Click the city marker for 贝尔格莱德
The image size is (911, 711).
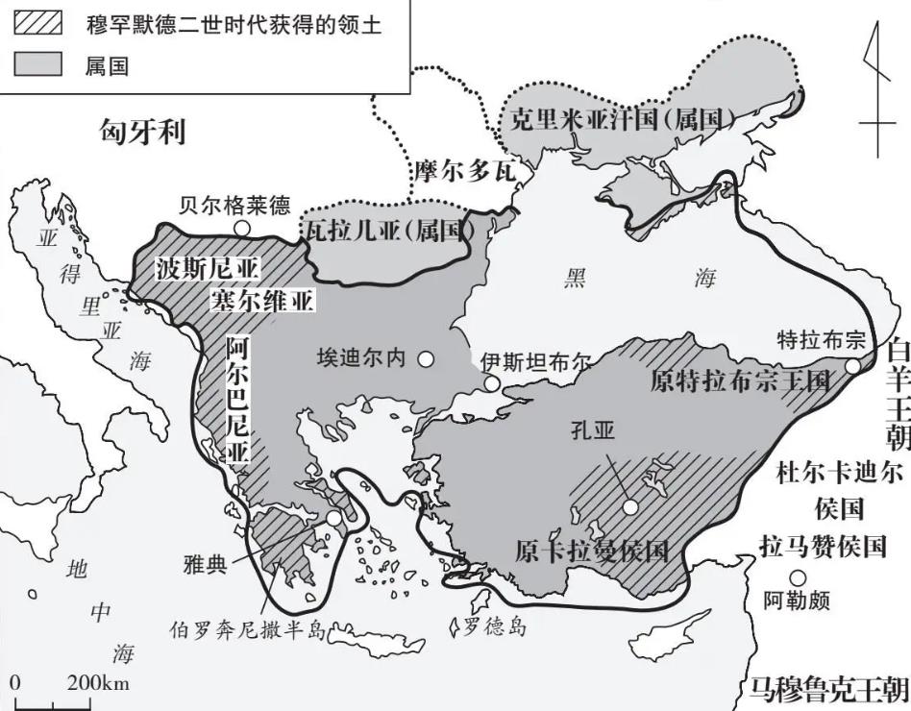242,229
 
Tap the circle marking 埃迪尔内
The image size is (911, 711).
425,359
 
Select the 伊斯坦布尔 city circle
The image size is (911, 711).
492,384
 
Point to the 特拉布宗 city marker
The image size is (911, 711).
851,365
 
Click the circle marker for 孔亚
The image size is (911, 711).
629,506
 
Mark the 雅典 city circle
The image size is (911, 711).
333,519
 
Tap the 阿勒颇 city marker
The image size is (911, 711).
797,577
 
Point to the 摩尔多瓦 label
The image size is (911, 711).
459,172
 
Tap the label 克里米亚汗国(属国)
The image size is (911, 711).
623,120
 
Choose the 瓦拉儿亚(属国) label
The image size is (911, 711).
388,230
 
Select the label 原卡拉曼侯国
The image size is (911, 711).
591,552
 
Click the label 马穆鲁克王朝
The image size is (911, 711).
828,688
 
